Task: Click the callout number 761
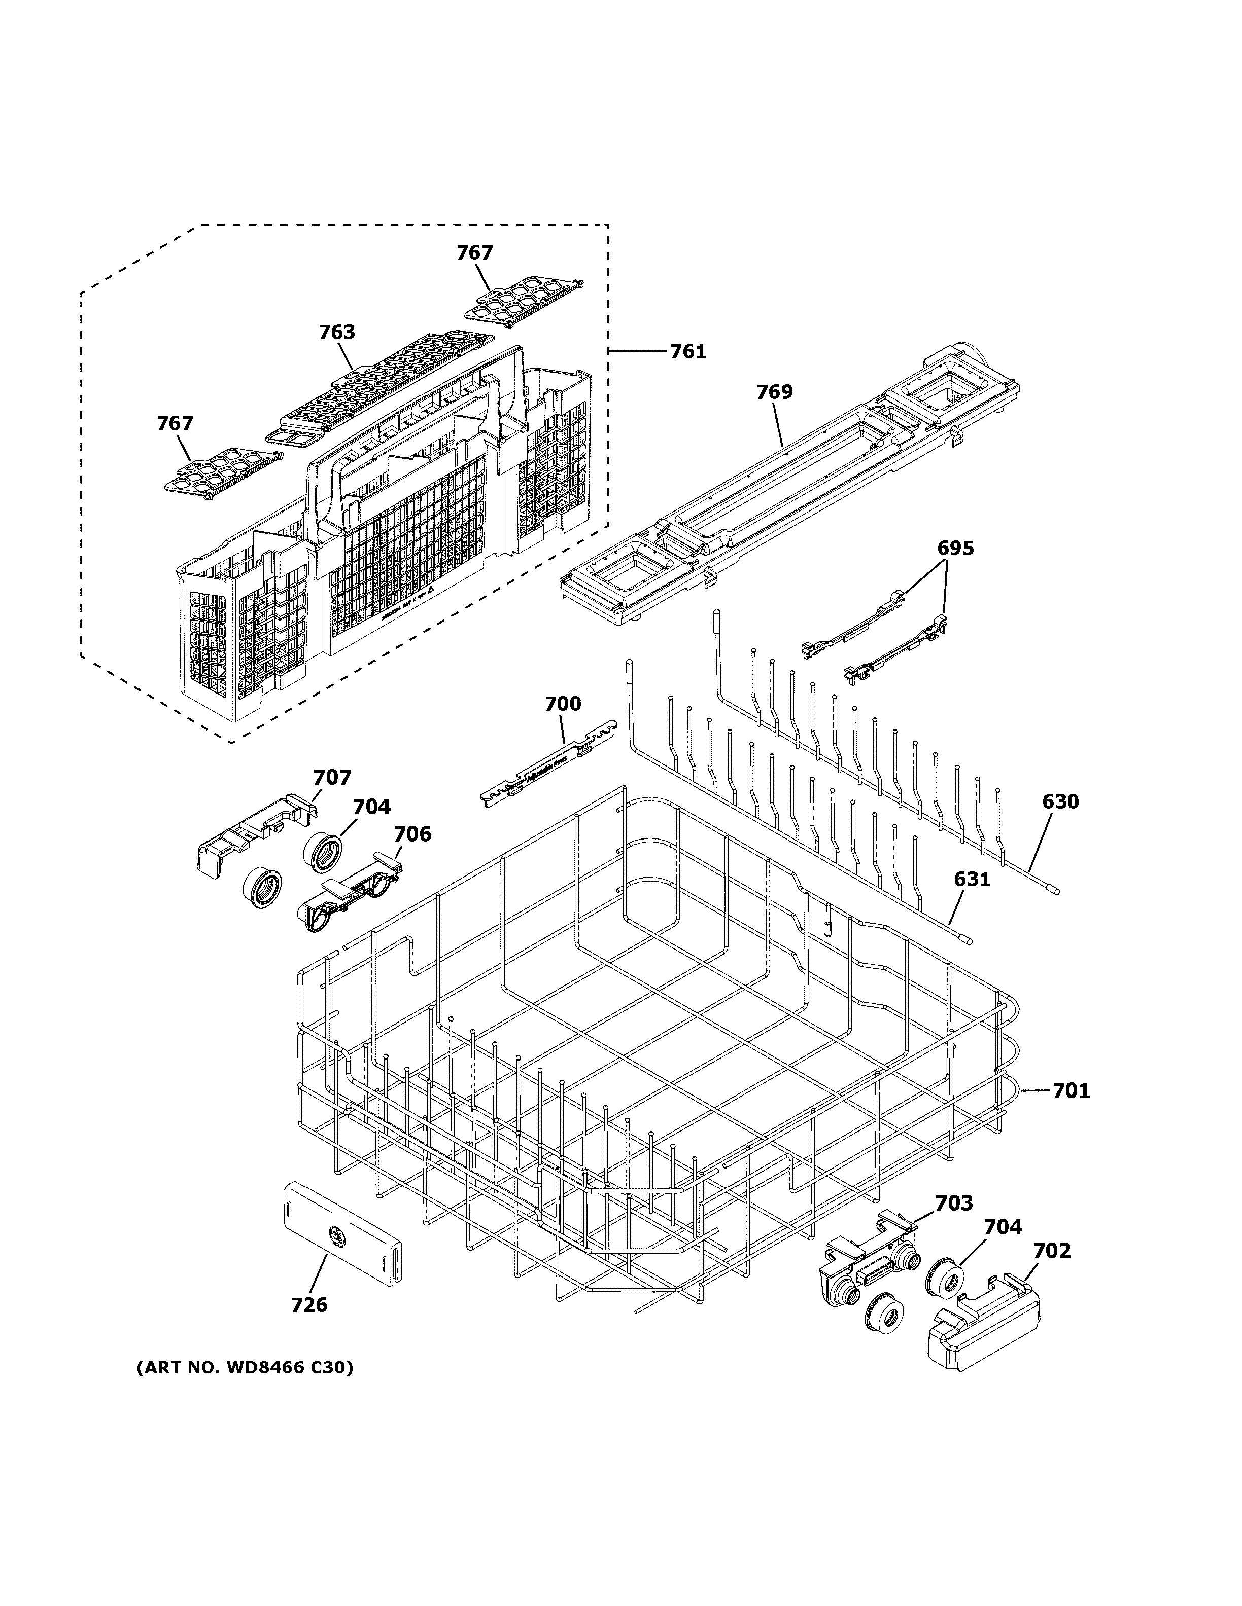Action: tap(687, 352)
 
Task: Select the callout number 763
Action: tap(336, 333)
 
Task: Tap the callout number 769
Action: tap(775, 392)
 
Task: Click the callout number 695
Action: tap(955, 548)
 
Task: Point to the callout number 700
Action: tap(563, 704)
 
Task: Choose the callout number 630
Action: tap(1059, 801)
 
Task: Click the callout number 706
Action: tap(412, 834)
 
